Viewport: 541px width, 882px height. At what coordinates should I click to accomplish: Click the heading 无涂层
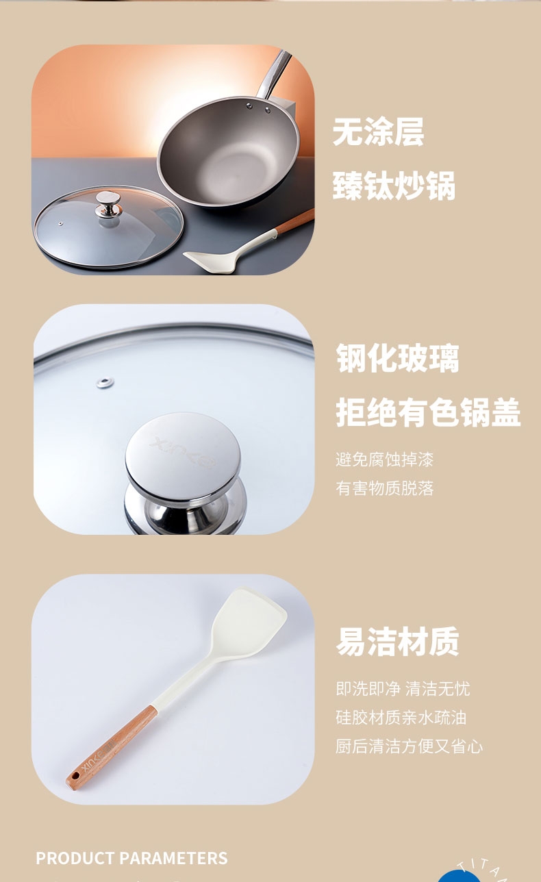coord(379,132)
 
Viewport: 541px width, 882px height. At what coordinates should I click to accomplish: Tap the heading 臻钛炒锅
coord(394,186)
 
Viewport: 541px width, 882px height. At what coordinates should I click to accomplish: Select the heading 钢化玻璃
coord(397,357)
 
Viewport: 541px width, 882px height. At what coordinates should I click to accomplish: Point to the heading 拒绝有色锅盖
coord(428,412)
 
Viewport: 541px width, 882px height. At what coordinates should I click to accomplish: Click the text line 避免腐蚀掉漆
coord(384,459)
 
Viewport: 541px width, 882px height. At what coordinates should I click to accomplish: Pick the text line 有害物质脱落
coord(384,488)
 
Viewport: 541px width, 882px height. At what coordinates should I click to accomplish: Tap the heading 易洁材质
coord(397,641)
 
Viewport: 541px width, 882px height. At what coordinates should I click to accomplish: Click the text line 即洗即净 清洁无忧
coord(403,689)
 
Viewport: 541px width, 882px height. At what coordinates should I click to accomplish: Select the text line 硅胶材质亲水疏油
coord(401,718)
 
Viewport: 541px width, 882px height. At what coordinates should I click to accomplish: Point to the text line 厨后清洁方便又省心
coord(409,746)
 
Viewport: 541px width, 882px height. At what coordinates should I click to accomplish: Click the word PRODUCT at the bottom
coord(75,858)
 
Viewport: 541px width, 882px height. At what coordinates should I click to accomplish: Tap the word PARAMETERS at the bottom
coord(173,858)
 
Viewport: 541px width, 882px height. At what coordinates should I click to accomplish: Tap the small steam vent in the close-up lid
coord(105,382)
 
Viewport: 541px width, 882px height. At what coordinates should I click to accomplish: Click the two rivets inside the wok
coord(258,108)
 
